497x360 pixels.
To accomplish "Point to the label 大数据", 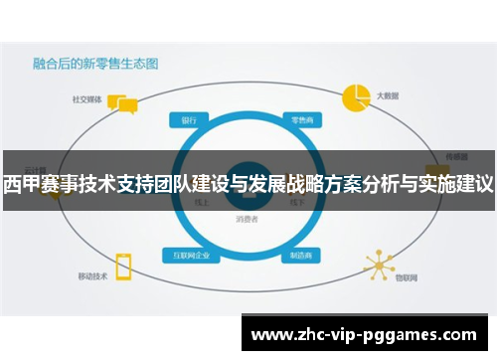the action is pos(388,96).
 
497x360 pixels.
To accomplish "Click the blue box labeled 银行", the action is pos(188,119).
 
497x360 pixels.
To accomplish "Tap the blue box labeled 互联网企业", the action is pos(192,255).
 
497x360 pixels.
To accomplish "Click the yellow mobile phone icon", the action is pos(124,266).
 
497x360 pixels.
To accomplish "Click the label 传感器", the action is pos(456,155).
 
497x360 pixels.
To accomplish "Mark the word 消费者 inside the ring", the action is pos(248,218).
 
